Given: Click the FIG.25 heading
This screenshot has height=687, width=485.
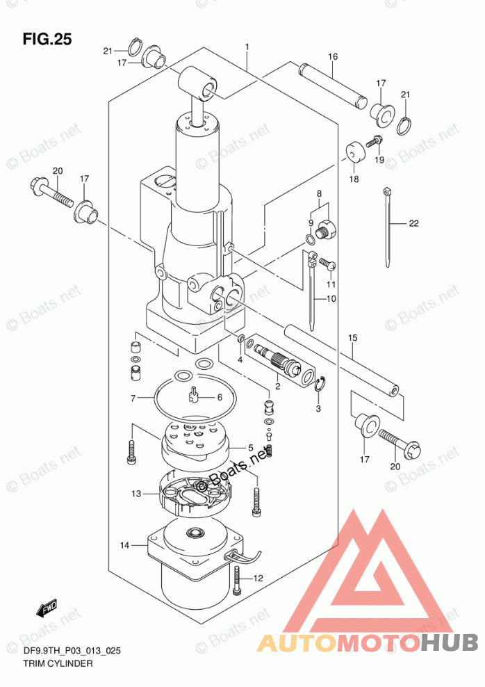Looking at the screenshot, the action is pyautogui.click(x=47, y=39).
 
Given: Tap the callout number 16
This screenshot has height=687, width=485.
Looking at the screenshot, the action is pyautogui.click(x=333, y=56).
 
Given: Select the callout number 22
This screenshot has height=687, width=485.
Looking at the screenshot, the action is pyautogui.click(x=413, y=223).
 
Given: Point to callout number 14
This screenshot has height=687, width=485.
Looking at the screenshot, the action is pyautogui.click(x=125, y=545).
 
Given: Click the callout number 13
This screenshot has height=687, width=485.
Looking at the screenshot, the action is pyautogui.click(x=136, y=494).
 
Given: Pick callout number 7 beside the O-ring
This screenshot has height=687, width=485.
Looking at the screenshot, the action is pyautogui.click(x=133, y=398).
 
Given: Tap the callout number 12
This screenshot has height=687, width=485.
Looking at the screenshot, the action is pyautogui.click(x=258, y=579).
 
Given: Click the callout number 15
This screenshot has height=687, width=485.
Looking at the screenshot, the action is pyautogui.click(x=352, y=338).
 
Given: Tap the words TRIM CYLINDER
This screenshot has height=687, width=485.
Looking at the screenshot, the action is pyautogui.click(x=58, y=663).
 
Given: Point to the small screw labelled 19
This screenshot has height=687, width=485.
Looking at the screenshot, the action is pyautogui.click(x=375, y=142).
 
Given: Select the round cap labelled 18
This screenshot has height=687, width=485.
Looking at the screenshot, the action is pyautogui.click(x=355, y=152).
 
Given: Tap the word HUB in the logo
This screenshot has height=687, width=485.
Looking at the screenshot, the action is pyautogui.click(x=450, y=642).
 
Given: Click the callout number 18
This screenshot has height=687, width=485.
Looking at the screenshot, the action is pyautogui.click(x=354, y=179).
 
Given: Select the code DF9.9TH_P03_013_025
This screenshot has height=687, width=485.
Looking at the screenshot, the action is pyautogui.click(x=72, y=651).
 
